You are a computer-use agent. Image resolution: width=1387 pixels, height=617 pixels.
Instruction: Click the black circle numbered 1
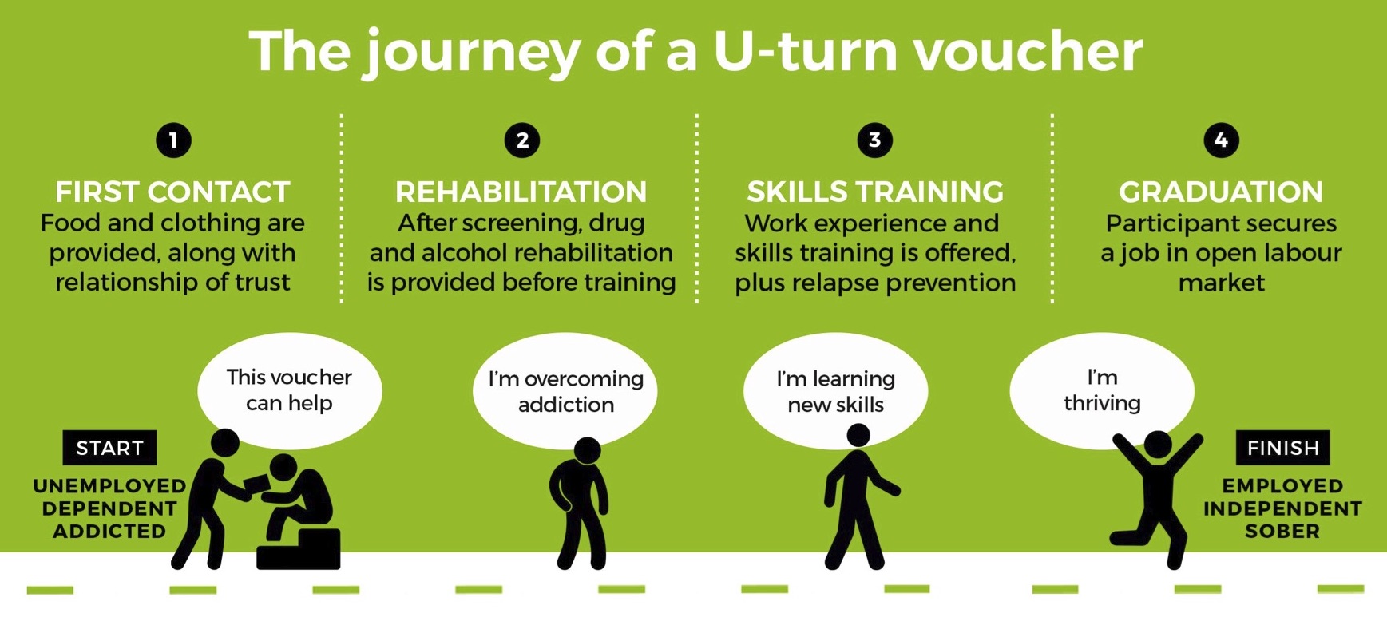(173, 140)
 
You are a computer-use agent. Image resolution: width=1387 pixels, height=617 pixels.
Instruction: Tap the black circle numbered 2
(522, 140)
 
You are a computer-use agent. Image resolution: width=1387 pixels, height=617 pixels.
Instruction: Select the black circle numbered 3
(874, 140)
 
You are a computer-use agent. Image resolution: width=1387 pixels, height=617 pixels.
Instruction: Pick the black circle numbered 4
(1221, 140)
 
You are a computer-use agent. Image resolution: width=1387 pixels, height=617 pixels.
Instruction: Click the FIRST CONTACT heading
(172, 192)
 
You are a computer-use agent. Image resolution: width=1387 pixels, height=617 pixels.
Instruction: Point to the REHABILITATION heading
(521, 192)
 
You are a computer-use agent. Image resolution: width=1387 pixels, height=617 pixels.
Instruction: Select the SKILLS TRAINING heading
(875, 192)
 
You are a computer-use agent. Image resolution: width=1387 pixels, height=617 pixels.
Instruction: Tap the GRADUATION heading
(1221, 192)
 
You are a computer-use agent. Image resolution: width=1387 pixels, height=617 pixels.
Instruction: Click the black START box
(110, 448)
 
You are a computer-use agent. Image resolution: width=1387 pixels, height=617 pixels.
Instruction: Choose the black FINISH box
(1283, 448)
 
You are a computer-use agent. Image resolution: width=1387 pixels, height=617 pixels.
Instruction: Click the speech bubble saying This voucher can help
(289, 390)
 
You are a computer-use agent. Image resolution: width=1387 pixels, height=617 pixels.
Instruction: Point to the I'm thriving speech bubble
(1102, 390)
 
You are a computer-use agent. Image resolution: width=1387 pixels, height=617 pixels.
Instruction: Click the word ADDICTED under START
(109, 531)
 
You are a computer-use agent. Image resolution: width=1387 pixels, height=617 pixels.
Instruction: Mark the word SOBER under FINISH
(1282, 531)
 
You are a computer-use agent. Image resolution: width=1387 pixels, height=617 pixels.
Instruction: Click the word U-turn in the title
(806, 51)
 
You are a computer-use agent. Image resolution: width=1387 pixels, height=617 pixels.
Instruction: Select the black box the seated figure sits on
(299, 549)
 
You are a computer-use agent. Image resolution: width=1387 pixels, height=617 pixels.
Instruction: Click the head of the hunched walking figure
(588, 451)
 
